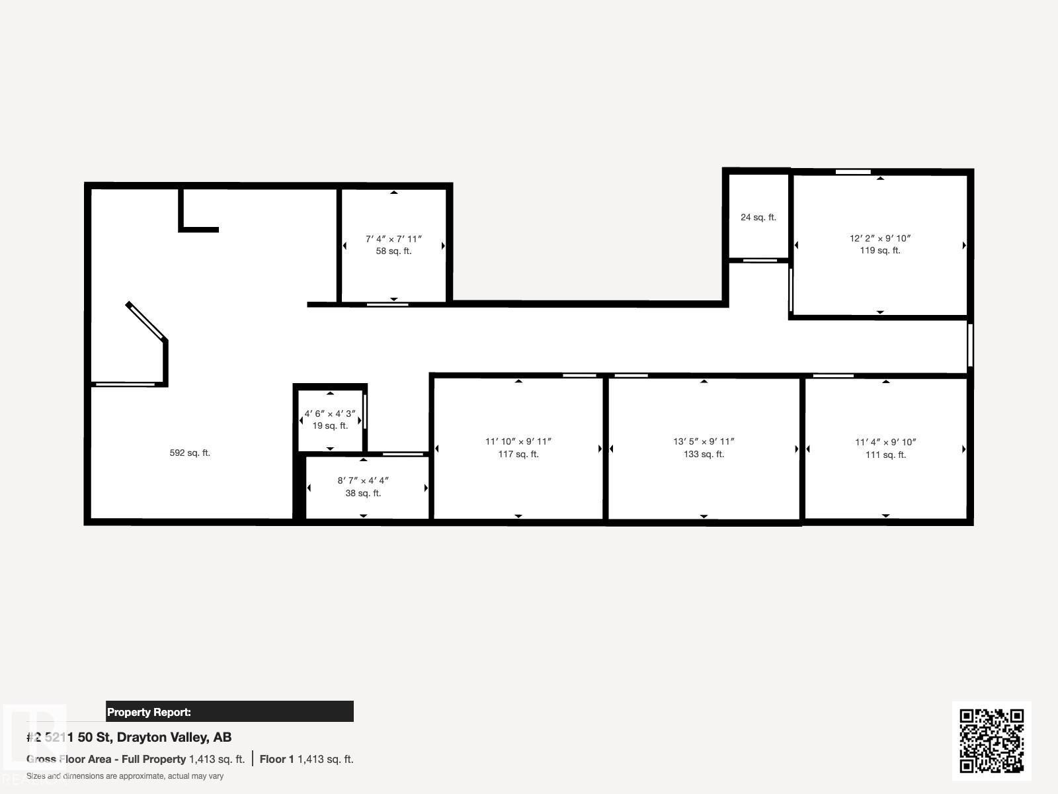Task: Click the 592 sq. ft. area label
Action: [x=190, y=453]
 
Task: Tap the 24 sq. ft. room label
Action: [x=758, y=218]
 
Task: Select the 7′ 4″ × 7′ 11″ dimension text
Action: [x=394, y=239]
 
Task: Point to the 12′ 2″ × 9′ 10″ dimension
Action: [x=880, y=238]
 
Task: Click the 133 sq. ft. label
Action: [x=704, y=454]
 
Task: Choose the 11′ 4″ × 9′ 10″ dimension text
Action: [x=886, y=442]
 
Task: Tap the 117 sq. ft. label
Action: [x=518, y=454]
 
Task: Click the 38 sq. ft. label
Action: [x=364, y=493]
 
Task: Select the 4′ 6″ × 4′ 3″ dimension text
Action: [x=330, y=414]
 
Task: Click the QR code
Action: [x=991, y=740]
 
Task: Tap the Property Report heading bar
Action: [x=229, y=711]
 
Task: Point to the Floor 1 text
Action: [x=276, y=760]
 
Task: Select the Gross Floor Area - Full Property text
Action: [x=106, y=760]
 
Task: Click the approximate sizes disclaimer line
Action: [x=125, y=776]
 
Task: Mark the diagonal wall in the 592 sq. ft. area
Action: [x=147, y=321]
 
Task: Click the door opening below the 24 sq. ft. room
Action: [x=760, y=261]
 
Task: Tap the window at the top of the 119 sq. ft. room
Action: [x=853, y=172]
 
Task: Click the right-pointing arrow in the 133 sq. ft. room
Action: [x=797, y=449]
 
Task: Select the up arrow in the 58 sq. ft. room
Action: [x=394, y=193]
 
